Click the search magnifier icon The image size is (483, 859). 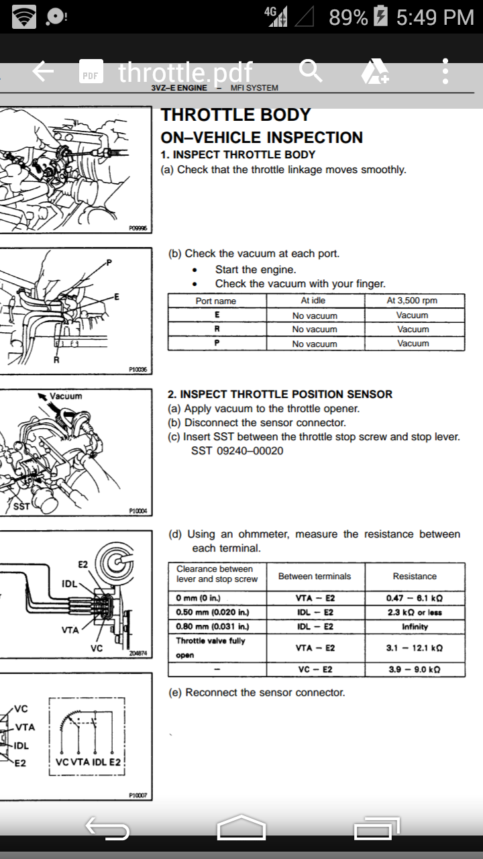tap(310, 70)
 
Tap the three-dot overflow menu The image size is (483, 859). tap(445, 72)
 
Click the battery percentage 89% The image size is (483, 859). tap(347, 17)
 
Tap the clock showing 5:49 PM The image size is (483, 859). tap(435, 17)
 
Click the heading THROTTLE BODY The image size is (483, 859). tap(235, 115)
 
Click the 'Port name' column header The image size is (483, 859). tap(215, 301)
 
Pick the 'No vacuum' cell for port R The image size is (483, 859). tap(315, 330)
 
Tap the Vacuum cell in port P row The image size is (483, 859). tap(413, 344)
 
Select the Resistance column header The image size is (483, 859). tap(415, 576)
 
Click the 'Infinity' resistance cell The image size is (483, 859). tap(415, 627)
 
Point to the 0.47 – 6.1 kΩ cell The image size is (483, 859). tap(415, 598)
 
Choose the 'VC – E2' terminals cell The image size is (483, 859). tap(315, 670)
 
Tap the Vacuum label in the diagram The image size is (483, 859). tap(66, 396)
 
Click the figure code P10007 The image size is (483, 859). tap(138, 796)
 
